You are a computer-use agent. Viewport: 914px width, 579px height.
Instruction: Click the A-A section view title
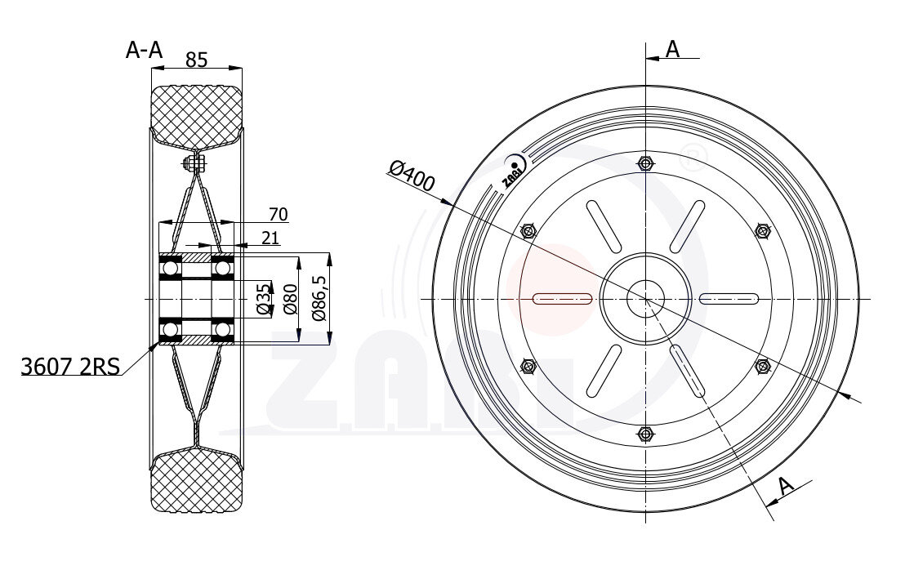click(144, 51)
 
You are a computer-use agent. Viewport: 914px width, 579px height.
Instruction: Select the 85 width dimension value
click(196, 60)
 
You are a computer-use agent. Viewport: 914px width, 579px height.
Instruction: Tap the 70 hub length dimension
click(278, 215)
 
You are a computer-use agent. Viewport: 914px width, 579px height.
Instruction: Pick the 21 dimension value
click(270, 238)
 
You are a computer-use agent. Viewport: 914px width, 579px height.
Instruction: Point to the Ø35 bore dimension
click(264, 300)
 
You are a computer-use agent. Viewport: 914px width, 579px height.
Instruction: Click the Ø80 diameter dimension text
click(289, 300)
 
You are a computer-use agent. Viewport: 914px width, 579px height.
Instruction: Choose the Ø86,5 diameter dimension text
click(319, 298)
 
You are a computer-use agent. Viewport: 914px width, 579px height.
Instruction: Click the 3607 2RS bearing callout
click(70, 366)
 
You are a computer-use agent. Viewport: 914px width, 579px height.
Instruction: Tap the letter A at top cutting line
click(673, 49)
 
